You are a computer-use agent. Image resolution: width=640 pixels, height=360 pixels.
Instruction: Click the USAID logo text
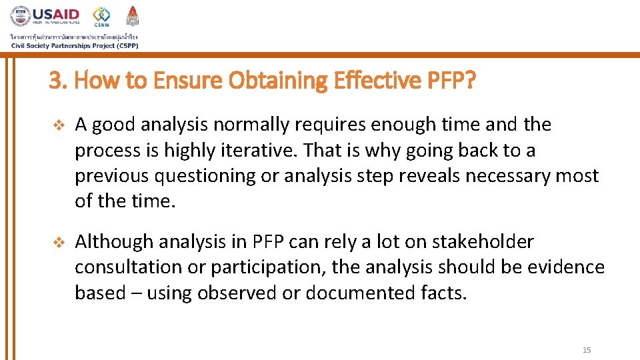[x=56, y=15]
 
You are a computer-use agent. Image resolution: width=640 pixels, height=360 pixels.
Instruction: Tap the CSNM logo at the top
[x=101, y=16]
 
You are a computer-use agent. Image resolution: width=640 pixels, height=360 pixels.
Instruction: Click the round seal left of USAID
[x=20, y=16]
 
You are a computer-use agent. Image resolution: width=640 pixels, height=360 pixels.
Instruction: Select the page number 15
[x=587, y=350]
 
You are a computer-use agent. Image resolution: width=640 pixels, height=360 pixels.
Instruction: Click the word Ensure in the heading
[x=188, y=81]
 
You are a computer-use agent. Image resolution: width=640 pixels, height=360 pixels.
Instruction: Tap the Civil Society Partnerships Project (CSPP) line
[x=74, y=45]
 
